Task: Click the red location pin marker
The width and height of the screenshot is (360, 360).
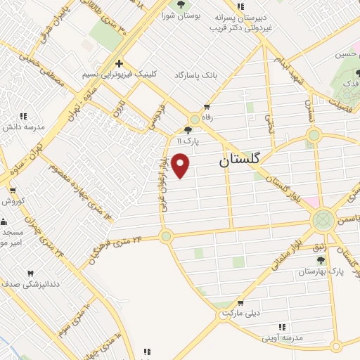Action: [181, 165]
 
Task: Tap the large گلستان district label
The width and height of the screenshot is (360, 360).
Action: [239, 160]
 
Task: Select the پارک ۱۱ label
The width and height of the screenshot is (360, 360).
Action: [187, 141]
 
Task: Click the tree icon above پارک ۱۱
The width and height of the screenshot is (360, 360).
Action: [188, 129]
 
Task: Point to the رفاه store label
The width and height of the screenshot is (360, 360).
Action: [207, 117]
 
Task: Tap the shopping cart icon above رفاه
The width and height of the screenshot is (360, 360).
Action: [207, 108]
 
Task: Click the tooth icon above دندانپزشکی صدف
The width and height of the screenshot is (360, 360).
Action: [30, 274]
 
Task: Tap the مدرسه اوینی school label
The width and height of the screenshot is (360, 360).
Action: [281, 338]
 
